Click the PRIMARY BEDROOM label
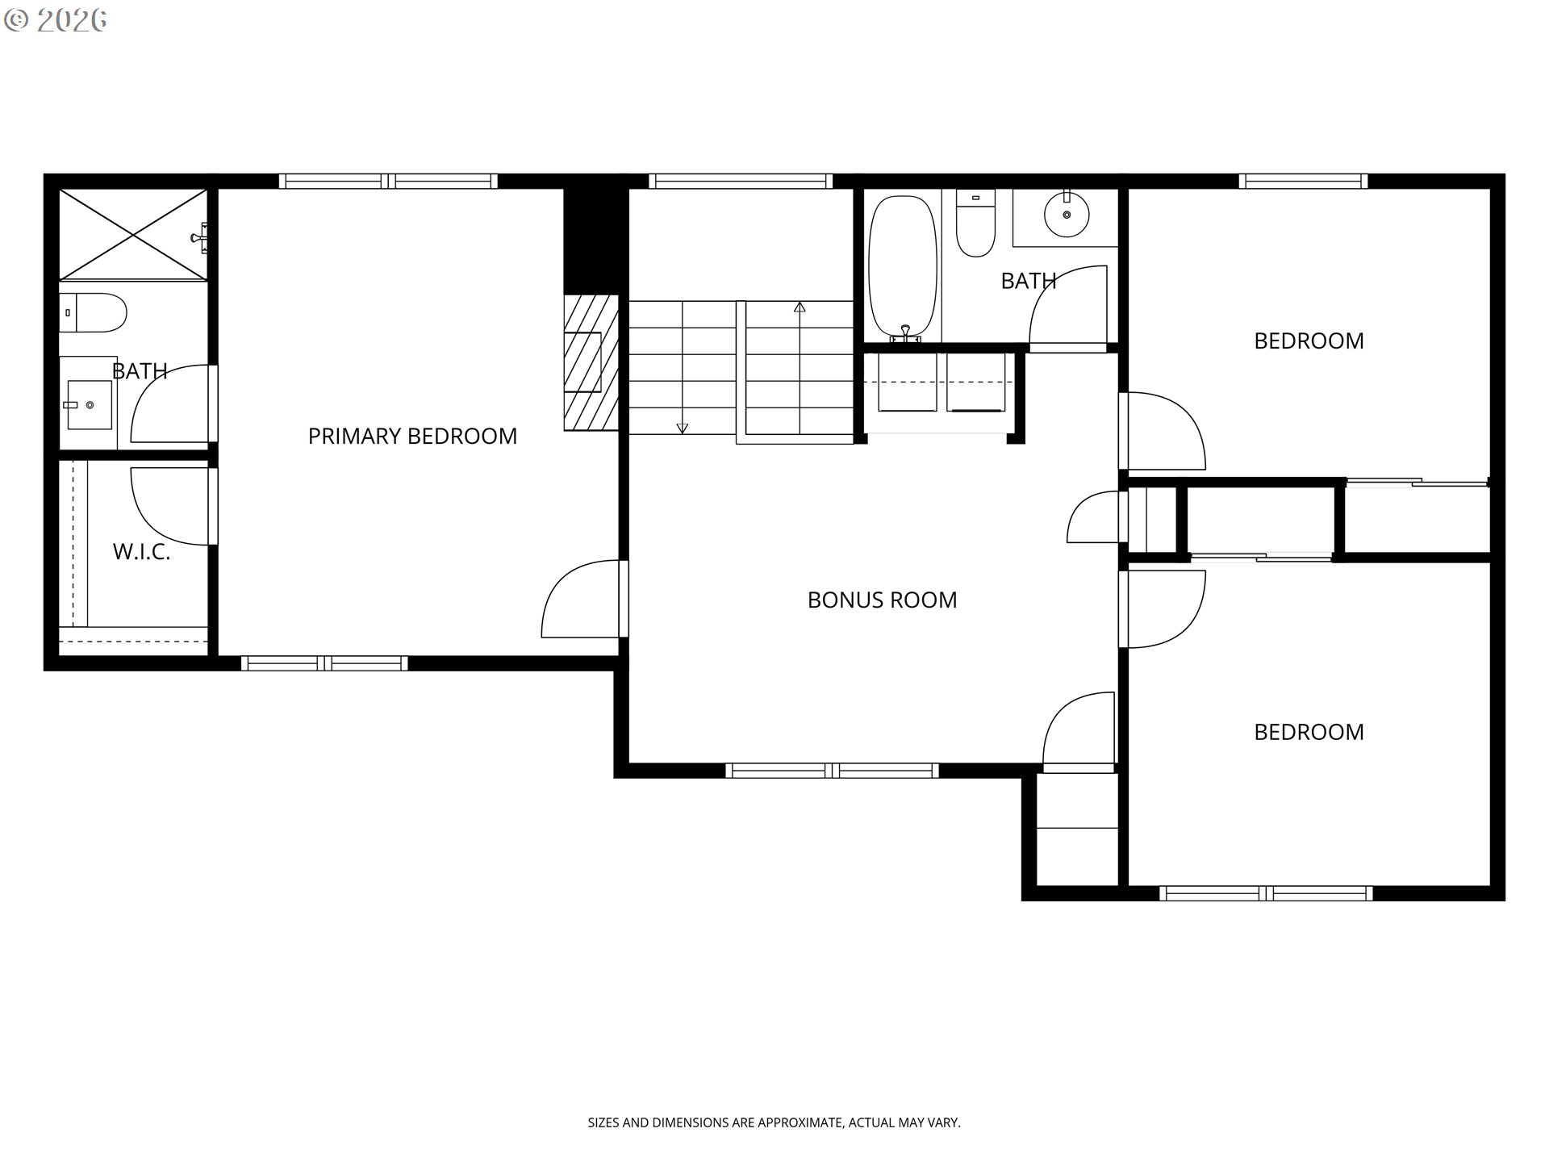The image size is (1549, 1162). tap(412, 436)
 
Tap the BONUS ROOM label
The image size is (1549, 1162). tap(882, 600)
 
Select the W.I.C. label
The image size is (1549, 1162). tap(141, 552)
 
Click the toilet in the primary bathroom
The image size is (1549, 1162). tap(93, 313)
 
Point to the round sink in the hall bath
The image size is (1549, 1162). tap(1067, 214)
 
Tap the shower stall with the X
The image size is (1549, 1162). tap(133, 235)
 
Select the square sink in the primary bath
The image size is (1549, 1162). tap(88, 404)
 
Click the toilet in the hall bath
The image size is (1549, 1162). tap(975, 223)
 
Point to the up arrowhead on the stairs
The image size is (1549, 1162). tap(800, 307)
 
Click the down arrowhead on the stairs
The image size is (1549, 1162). tap(683, 428)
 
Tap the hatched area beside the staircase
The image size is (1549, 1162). tap(591, 363)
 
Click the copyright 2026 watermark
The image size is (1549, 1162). tap(55, 20)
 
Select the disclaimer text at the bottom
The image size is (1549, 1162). tap(774, 1122)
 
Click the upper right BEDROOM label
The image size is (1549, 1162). tap(1309, 341)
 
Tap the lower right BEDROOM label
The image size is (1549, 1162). tap(1309, 732)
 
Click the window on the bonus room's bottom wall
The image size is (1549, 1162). tap(832, 771)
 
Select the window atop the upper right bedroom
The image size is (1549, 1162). tap(1303, 181)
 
